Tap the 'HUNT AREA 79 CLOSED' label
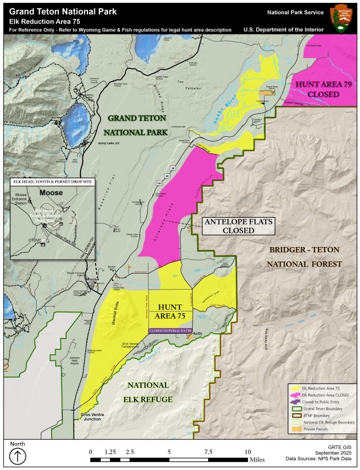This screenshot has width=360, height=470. [x=319, y=88]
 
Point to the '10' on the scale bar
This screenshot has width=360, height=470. [x=248, y=452]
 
